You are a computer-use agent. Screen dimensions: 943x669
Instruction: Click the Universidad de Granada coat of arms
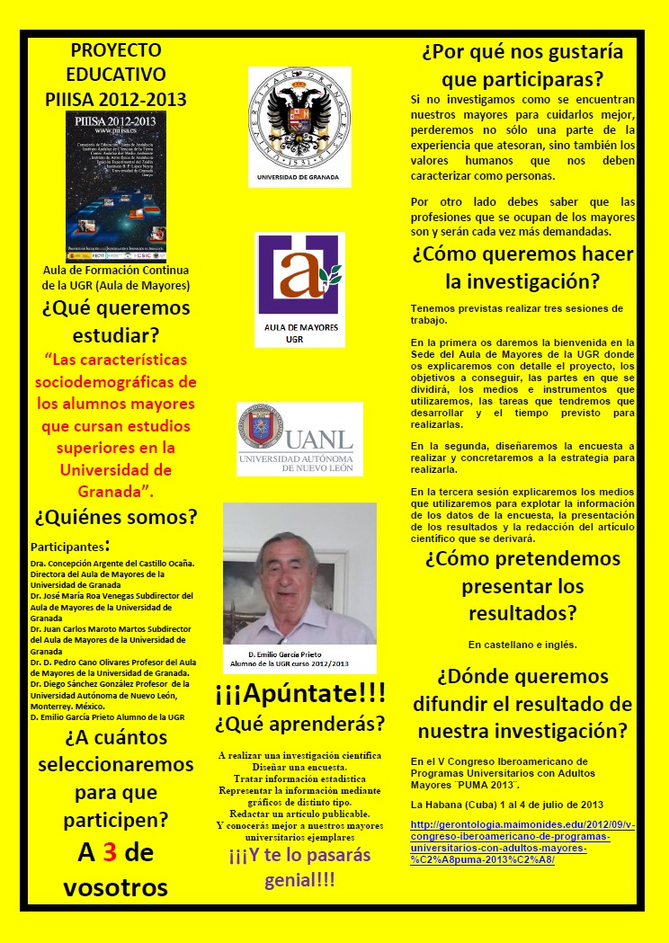[299, 116]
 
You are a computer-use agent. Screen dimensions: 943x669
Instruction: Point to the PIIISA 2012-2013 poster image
[116, 188]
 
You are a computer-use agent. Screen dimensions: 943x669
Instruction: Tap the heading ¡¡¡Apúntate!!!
[300, 692]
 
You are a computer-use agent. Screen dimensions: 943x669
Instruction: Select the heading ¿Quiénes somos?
[116, 518]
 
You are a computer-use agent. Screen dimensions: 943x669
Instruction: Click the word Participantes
[67, 546]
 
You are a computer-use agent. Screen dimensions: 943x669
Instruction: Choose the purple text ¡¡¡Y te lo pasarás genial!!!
[300, 867]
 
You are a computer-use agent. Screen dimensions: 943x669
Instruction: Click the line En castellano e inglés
[522, 645]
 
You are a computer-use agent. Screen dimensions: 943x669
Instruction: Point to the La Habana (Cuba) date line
[506, 804]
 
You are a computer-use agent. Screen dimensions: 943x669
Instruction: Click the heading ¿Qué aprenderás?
[300, 723]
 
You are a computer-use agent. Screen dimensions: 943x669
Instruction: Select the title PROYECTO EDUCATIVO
[116, 62]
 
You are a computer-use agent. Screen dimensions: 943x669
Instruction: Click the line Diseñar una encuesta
[300, 766]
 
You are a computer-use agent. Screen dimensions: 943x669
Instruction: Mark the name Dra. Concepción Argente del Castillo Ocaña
[112, 564]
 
